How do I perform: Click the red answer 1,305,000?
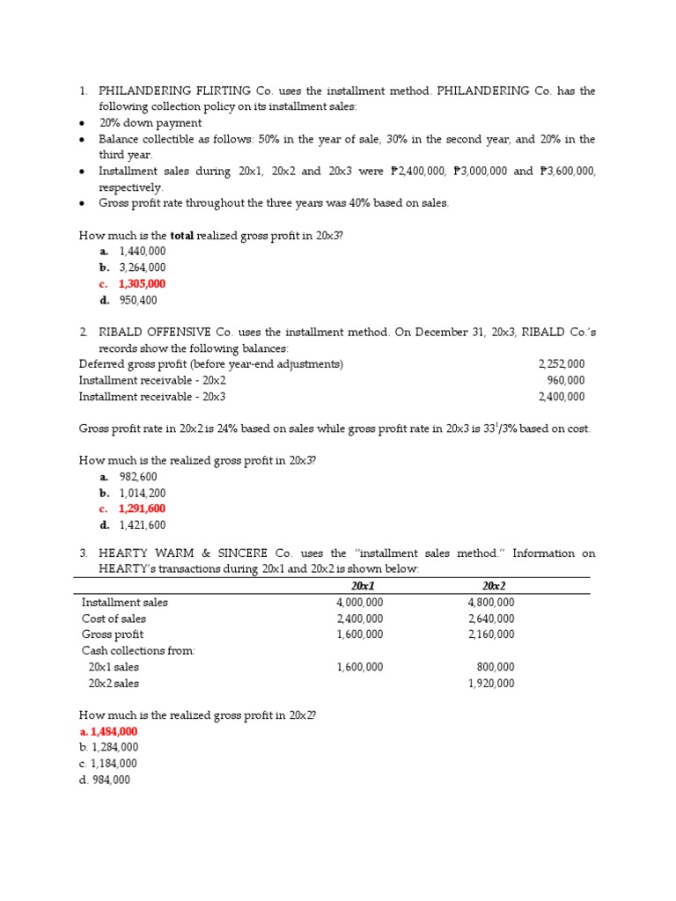coord(142,284)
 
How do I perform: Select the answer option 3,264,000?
coord(142,267)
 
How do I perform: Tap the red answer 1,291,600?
coord(142,509)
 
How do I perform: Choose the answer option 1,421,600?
coord(142,525)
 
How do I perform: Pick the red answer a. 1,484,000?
coord(108,732)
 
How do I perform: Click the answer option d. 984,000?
coord(105,780)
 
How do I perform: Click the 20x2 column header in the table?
coord(494,586)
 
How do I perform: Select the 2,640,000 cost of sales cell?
coord(491,619)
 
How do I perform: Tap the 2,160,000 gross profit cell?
coord(491,634)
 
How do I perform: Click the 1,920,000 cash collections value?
coord(491,684)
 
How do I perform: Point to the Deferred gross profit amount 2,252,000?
coord(561,364)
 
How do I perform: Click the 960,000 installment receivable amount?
coord(565,381)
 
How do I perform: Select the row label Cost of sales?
coord(114,619)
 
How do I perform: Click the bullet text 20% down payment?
coord(150,123)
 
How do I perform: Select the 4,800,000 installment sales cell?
coord(491,603)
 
